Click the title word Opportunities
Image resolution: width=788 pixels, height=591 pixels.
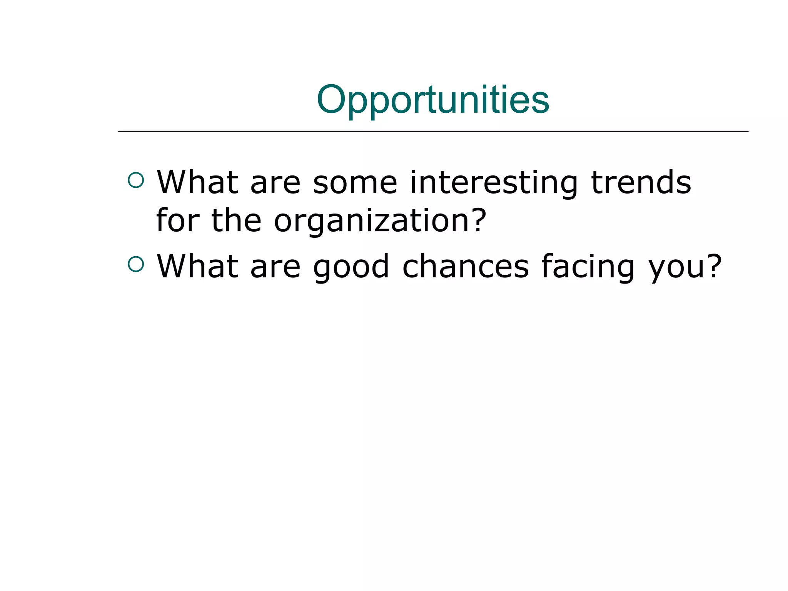point(433,100)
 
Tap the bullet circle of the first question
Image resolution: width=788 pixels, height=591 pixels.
point(136,180)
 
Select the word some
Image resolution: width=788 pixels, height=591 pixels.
point(355,183)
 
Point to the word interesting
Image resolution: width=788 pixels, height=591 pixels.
point(494,183)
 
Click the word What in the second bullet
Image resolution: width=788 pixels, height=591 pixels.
point(197,266)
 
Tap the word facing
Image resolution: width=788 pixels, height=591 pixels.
point(588,267)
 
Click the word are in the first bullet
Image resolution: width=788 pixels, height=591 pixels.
point(275,183)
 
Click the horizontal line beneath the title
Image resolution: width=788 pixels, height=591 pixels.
point(433,131)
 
